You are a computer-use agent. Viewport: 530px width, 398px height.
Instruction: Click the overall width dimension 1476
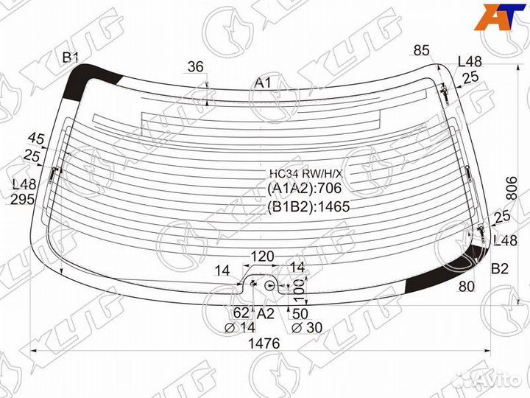[x=264, y=343]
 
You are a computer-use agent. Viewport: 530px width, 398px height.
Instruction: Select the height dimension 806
[x=512, y=188]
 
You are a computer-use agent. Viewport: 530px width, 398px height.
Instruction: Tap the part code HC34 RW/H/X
[x=306, y=174]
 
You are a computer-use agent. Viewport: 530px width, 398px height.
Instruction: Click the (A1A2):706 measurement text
[x=305, y=188]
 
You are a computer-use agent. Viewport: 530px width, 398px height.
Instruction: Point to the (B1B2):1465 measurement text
[x=308, y=206]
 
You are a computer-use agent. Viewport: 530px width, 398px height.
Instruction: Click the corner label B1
[x=71, y=58]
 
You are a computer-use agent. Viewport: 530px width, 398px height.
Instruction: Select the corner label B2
[x=500, y=269]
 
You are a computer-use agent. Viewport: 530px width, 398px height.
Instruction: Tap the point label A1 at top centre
[x=263, y=83]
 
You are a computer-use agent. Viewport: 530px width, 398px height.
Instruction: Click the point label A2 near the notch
[x=265, y=314]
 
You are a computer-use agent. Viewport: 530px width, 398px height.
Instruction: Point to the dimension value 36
[x=196, y=66]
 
